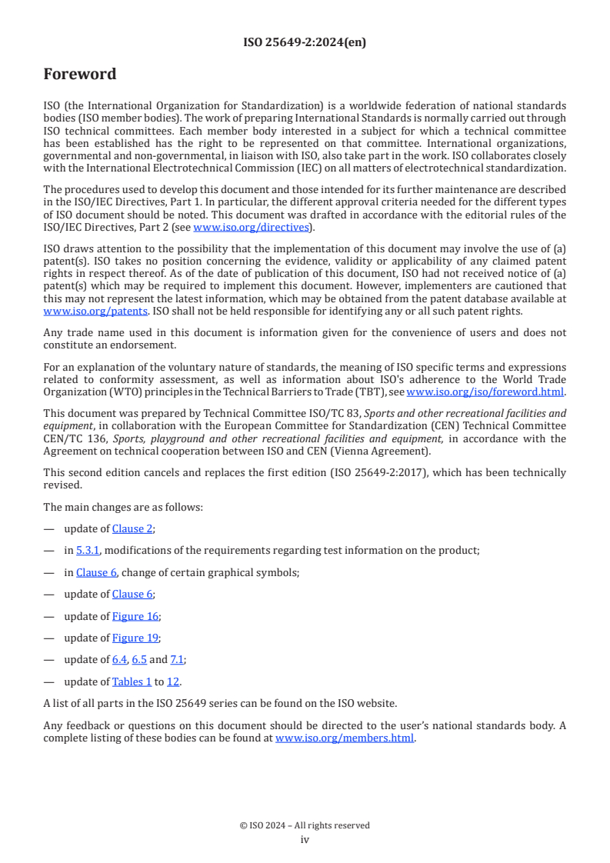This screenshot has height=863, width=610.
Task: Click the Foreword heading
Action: click(x=80, y=75)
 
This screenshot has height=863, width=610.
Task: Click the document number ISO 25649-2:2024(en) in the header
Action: click(x=305, y=42)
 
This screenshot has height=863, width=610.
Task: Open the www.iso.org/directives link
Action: click(x=251, y=228)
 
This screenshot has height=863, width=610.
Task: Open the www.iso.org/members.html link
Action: click(x=345, y=738)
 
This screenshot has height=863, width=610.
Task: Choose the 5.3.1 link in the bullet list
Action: click(x=88, y=550)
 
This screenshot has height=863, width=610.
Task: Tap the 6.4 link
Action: click(x=119, y=660)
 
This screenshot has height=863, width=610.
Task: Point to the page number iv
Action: click(x=305, y=839)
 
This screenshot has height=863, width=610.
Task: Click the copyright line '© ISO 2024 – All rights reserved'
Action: click(x=305, y=825)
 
